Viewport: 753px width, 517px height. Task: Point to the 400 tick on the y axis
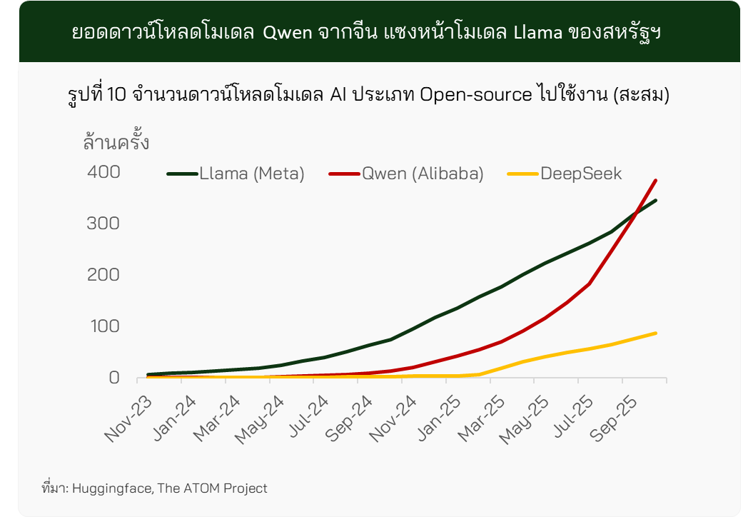pos(103,172)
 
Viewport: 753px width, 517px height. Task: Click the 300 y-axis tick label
pos(103,224)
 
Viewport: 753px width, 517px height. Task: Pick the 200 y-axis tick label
pos(103,275)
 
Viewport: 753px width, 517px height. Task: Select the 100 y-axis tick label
pos(103,326)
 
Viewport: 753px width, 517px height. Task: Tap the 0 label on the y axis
pos(113,378)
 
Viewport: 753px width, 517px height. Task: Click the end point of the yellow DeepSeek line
pos(655,333)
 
